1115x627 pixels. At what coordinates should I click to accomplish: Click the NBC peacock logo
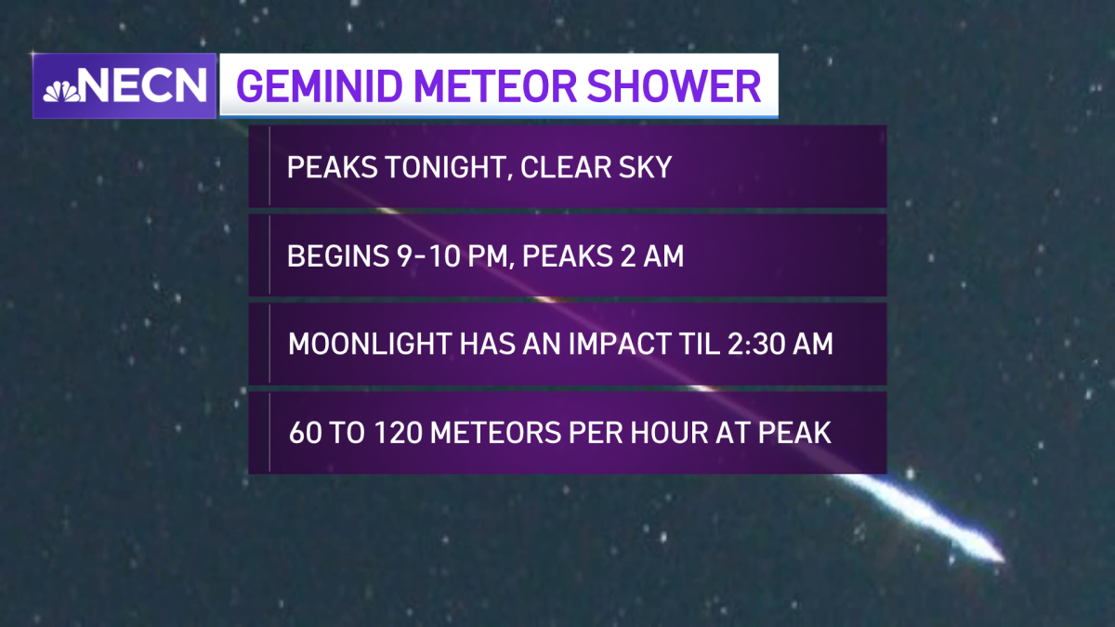61,92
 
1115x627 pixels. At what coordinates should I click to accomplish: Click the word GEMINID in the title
319,86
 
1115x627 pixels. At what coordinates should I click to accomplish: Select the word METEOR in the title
494,86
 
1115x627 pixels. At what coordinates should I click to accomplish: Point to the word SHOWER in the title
674,86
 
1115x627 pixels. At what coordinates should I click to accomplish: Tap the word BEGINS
338,256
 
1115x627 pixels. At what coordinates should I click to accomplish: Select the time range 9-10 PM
453,256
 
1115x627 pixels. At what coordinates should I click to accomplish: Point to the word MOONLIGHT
370,344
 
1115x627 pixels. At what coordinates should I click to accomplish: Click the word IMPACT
644,344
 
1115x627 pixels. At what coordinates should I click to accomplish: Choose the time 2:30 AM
780,344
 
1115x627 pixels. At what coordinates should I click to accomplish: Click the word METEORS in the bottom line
496,433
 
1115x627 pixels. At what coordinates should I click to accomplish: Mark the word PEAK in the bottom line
794,433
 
